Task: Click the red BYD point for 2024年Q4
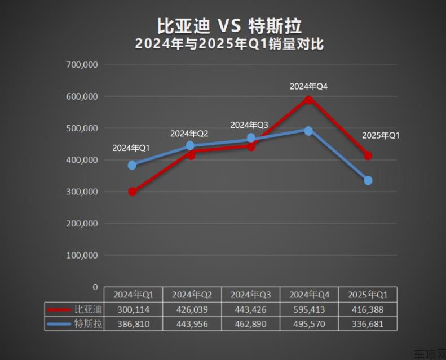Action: click(308, 100)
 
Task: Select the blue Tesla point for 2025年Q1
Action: click(368, 180)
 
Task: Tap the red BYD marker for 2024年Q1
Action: click(132, 192)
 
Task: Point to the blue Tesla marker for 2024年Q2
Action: click(190, 146)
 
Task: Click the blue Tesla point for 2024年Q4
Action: click(308, 131)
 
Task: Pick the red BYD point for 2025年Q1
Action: click(368, 155)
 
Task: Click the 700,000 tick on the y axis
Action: click(82, 65)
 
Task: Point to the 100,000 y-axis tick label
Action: click(82, 255)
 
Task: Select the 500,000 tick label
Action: click(82, 128)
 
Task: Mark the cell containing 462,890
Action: click(250, 324)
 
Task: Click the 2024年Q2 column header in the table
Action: click(192, 295)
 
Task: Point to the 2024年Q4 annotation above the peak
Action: click(308, 87)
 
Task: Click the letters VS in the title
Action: click(229, 25)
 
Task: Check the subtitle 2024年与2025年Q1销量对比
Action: click(229, 44)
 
